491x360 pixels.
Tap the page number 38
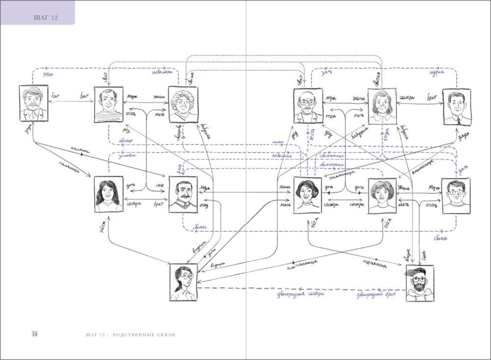pyautogui.click(x=34, y=334)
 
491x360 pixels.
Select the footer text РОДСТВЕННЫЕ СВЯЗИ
pyautogui.click(x=144, y=335)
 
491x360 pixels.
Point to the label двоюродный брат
pyautogui.click(x=376, y=295)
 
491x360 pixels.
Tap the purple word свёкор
pyautogui.click(x=126, y=141)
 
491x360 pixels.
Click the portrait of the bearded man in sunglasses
pyautogui.click(x=420, y=283)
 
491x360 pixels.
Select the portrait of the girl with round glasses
pyautogui.click(x=183, y=282)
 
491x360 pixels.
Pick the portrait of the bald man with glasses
pyautogui.click(x=308, y=106)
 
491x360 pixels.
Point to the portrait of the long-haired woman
pyautogui.click(x=109, y=194)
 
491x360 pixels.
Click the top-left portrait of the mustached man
pyautogui.click(x=33, y=103)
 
